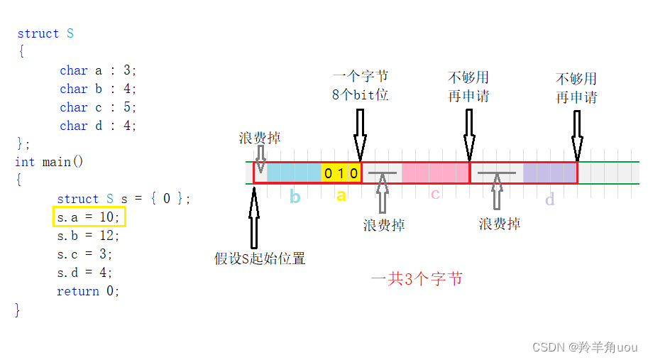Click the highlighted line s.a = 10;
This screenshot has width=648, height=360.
(x=89, y=217)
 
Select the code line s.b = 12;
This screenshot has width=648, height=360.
(x=89, y=236)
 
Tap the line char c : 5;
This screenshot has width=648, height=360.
(x=98, y=107)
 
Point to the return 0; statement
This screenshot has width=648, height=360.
(x=88, y=291)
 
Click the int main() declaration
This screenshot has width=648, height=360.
(x=49, y=162)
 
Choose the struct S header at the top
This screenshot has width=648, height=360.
(x=45, y=33)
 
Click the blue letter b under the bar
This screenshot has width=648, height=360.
(x=295, y=197)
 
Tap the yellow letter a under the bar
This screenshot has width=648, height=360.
(x=341, y=195)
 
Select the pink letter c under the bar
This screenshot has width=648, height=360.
(x=435, y=194)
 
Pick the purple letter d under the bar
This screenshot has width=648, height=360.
(x=549, y=200)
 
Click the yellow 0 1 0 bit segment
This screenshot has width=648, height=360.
(x=341, y=173)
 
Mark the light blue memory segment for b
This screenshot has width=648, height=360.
(x=295, y=173)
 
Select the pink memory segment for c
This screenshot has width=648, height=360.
(x=435, y=173)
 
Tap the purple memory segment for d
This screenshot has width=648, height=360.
(x=549, y=173)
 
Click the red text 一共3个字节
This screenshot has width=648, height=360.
(x=417, y=278)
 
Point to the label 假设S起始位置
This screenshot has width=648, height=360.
(x=260, y=258)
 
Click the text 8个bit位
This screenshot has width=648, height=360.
(x=360, y=94)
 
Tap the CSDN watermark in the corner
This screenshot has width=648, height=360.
(x=584, y=347)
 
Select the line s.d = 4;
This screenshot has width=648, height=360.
(x=85, y=273)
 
